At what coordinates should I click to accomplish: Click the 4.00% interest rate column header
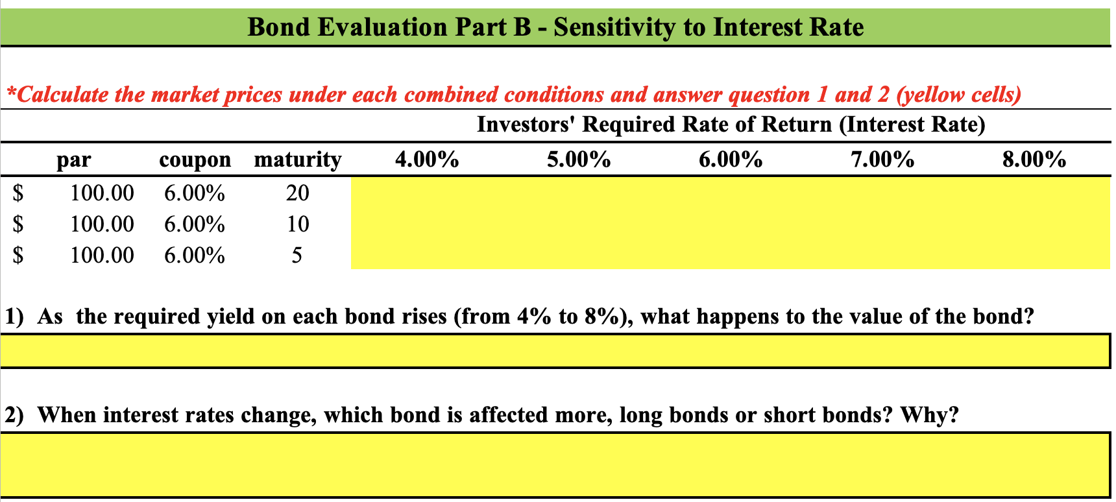pyautogui.click(x=427, y=160)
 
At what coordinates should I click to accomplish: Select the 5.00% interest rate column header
pyautogui.click(x=579, y=160)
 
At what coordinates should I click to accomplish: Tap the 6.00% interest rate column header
pyautogui.click(x=731, y=160)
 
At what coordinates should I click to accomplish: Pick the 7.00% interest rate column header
pyautogui.click(x=882, y=160)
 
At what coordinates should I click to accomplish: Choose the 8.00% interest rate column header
pyautogui.click(x=1034, y=160)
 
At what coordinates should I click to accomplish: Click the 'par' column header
pyautogui.click(x=74, y=160)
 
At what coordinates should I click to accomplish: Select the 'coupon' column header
pyautogui.click(x=195, y=160)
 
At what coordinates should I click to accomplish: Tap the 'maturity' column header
pyautogui.click(x=298, y=160)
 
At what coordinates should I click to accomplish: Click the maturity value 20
pyautogui.click(x=298, y=193)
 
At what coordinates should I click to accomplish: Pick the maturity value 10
pyautogui.click(x=298, y=224)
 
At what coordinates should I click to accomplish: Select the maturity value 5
pyautogui.click(x=297, y=255)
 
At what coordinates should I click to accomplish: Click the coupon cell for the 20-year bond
pyautogui.click(x=195, y=193)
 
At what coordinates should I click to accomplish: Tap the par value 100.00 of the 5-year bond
pyautogui.click(x=102, y=255)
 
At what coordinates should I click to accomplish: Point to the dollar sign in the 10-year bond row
pyautogui.click(x=19, y=224)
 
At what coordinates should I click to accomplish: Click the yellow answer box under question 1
pyautogui.click(x=555, y=351)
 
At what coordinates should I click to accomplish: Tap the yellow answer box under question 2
pyautogui.click(x=555, y=464)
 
